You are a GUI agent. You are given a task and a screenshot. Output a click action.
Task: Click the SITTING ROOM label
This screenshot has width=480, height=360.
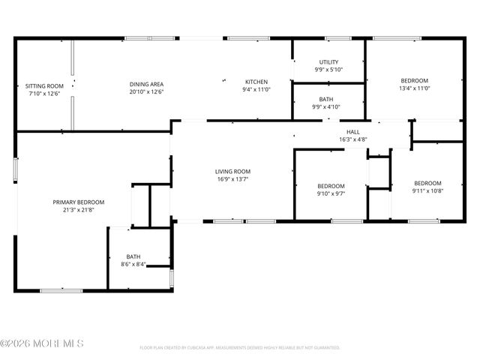42,85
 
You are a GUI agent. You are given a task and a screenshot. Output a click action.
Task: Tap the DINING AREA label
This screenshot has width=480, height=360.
146,83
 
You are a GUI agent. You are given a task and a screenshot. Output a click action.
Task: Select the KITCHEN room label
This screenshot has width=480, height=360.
256,82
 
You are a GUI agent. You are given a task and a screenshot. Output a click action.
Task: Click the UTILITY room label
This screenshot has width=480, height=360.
328,62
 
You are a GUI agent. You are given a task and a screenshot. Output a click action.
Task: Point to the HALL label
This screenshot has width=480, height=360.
352,132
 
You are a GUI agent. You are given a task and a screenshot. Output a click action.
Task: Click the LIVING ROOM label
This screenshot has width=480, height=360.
232,172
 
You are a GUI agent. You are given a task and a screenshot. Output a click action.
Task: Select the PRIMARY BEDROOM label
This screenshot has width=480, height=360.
78,202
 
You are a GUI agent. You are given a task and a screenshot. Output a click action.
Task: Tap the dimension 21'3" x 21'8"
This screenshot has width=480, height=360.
78,210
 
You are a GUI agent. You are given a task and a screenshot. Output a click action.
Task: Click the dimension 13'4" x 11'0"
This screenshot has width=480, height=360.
414,88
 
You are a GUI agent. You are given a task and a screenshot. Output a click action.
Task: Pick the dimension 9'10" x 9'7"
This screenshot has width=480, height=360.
331,193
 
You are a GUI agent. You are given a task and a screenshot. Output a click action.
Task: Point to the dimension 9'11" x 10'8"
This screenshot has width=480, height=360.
427,190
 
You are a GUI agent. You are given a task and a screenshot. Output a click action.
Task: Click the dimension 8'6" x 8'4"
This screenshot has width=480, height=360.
133,264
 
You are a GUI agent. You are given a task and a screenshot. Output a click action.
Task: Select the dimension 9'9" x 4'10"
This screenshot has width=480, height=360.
326,106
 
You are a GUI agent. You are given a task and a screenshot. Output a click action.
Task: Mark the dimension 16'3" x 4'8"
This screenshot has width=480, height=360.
352,139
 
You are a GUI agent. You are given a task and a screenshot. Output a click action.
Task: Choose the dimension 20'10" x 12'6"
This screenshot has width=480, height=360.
146,91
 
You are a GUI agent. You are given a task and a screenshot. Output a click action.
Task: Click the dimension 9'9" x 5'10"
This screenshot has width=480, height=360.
328,70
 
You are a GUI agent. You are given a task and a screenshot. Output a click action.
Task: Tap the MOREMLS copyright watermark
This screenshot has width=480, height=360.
42,343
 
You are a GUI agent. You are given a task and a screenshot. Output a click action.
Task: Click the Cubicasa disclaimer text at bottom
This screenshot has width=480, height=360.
240,348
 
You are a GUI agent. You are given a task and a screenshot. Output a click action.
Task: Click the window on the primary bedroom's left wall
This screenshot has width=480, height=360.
15,169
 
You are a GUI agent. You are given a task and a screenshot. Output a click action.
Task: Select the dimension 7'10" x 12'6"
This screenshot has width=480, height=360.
42,94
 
